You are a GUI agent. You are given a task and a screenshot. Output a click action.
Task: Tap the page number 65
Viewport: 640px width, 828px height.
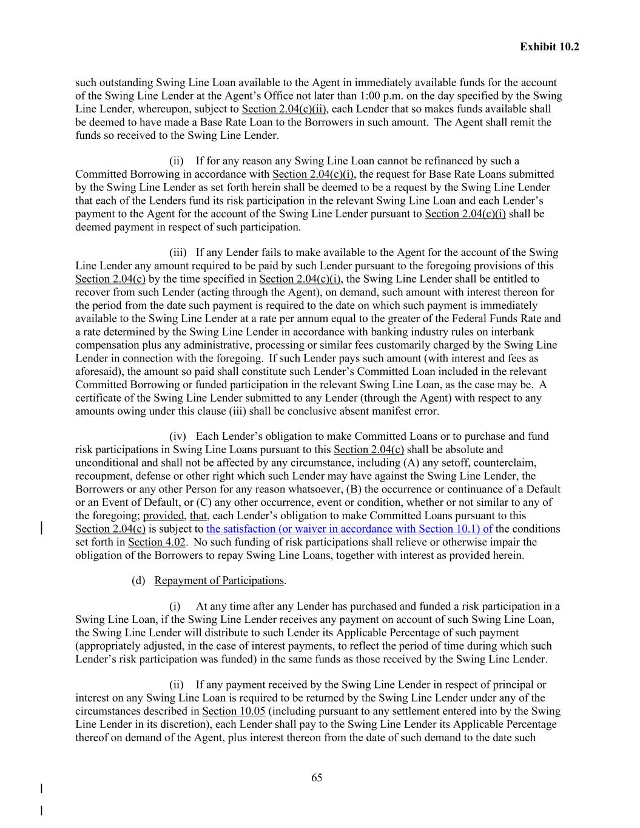tap(317, 778)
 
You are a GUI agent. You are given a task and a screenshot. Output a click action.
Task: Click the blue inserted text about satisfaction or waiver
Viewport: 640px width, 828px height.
tap(349, 529)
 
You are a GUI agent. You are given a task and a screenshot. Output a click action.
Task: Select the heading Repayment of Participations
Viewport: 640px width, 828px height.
tap(219, 581)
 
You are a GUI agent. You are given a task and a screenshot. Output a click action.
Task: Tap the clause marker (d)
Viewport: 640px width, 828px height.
tap(139, 581)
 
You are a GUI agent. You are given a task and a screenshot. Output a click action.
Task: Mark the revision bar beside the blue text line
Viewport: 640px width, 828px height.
tap(41, 527)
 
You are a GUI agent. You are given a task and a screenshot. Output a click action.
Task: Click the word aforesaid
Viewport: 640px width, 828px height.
tap(96, 371)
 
